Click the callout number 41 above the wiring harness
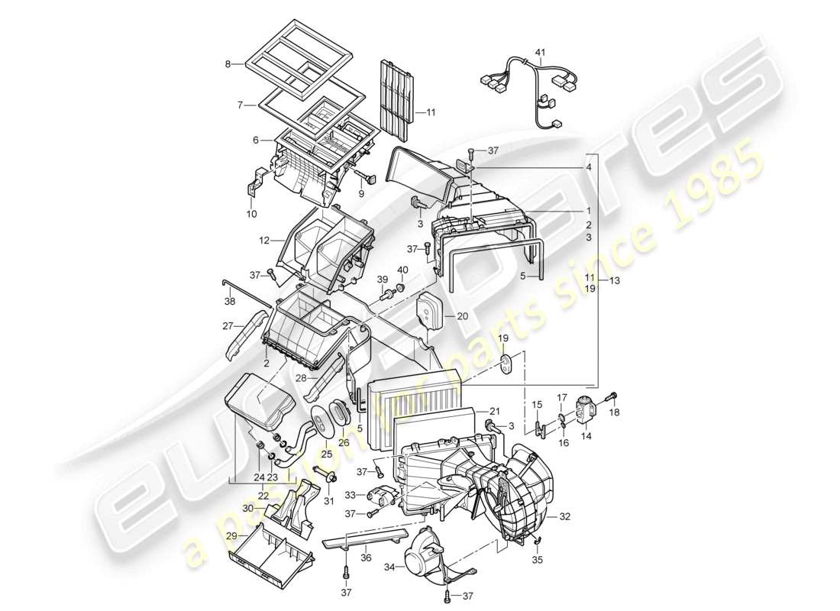(540, 52)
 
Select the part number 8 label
(228, 64)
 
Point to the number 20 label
(462, 315)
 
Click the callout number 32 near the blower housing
(564, 517)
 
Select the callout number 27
(227, 325)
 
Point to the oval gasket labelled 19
(506, 362)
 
